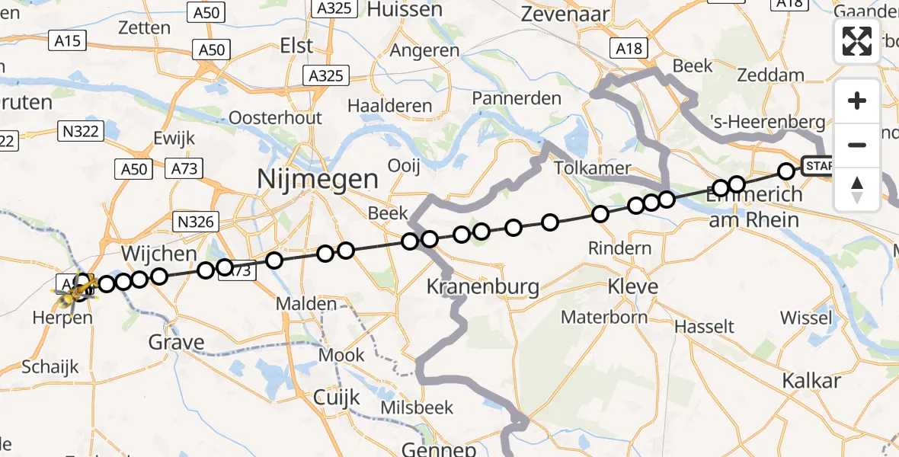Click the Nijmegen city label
click(318, 180)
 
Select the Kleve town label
click(632, 287)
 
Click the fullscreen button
click(857, 41)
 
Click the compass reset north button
click(857, 189)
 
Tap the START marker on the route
click(817, 166)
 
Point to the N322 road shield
click(80, 132)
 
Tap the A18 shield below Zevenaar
click(629, 49)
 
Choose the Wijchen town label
click(159, 253)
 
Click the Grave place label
click(177, 343)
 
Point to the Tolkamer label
click(593, 168)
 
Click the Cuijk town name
click(337, 396)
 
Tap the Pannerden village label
click(517, 98)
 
